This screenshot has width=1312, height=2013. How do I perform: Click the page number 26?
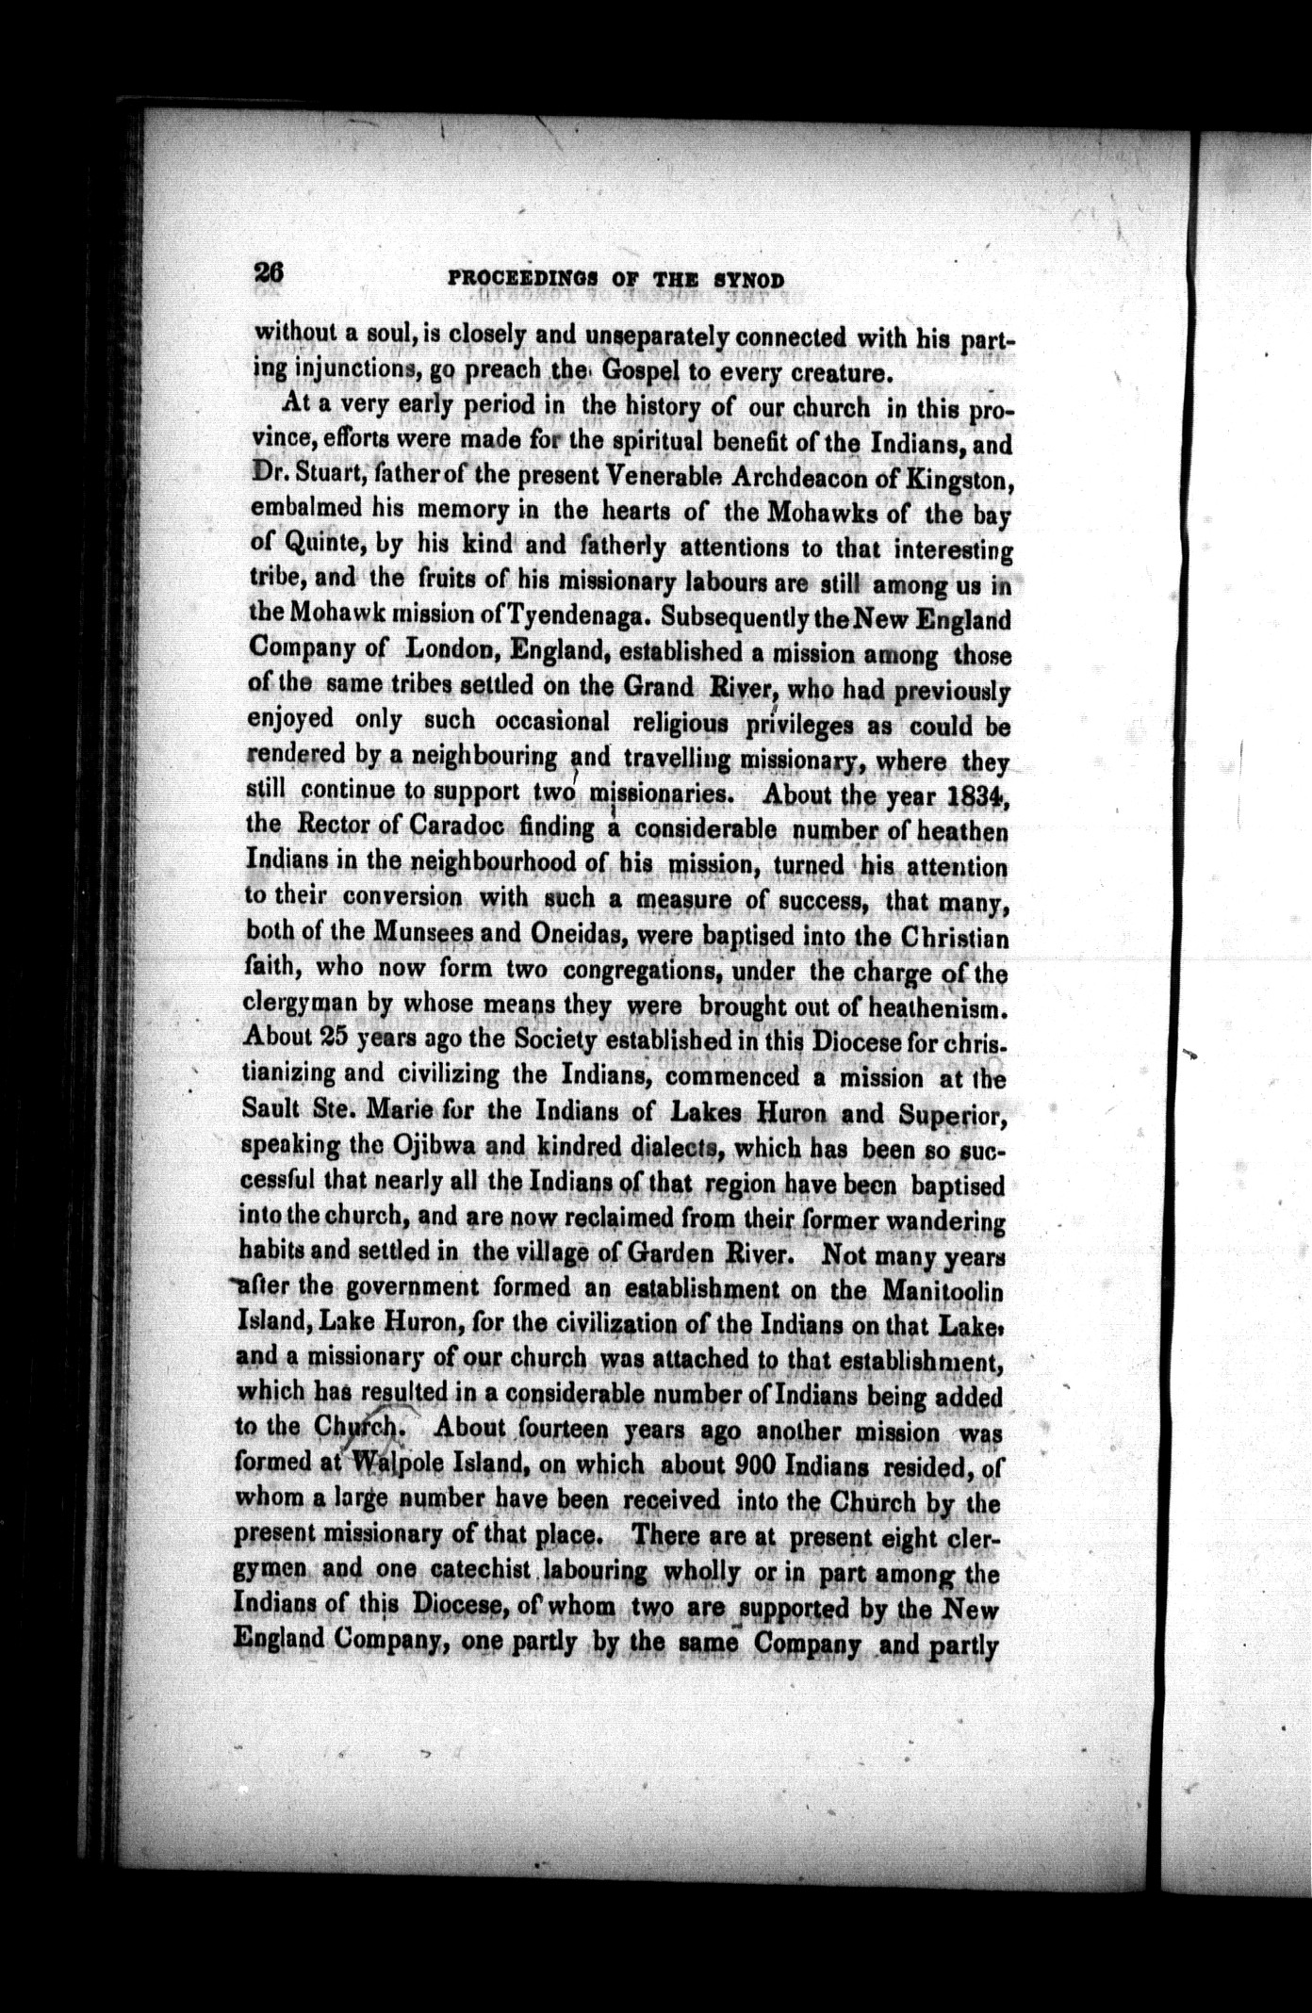pos(268,271)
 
